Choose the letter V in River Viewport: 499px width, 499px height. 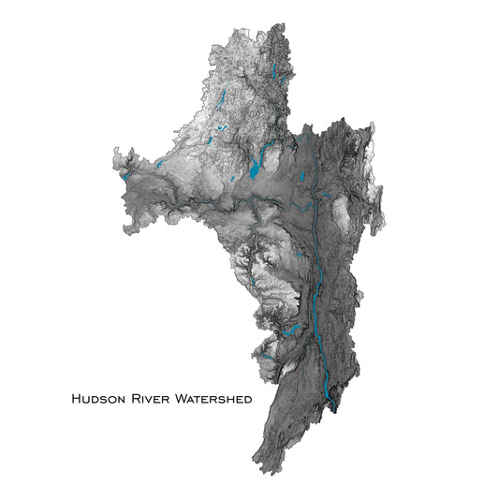148,400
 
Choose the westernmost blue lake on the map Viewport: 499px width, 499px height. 125,173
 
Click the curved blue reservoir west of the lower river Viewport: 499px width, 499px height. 292,330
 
